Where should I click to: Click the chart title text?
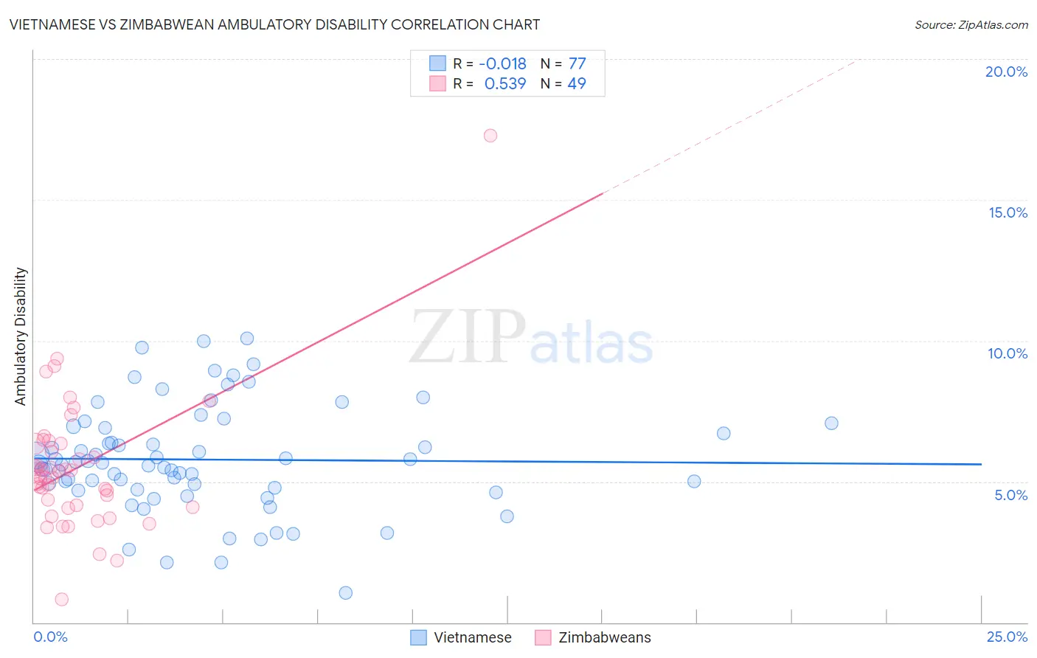pyautogui.click(x=274, y=24)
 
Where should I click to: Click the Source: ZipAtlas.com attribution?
pyautogui.click(x=971, y=24)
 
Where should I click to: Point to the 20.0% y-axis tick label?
pyautogui.click(x=1006, y=72)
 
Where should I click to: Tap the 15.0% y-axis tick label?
pyautogui.click(x=1007, y=212)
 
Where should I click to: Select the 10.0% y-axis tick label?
pyautogui.click(x=1007, y=353)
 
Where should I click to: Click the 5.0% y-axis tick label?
pyautogui.click(x=1010, y=495)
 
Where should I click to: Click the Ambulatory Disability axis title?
pyautogui.click(x=21, y=336)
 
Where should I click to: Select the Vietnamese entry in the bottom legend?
pyautogui.click(x=472, y=637)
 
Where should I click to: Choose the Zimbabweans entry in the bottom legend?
pyautogui.click(x=604, y=637)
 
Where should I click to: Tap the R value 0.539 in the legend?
pyautogui.click(x=505, y=84)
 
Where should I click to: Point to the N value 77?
pyautogui.click(x=577, y=64)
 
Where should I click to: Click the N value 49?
pyautogui.click(x=577, y=84)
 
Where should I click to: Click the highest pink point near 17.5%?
pyautogui.click(x=490, y=136)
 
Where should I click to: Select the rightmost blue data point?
pyautogui.click(x=831, y=423)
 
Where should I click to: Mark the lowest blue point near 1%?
pyautogui.click(x=345, y=593)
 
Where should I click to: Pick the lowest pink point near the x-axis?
pyautogui.click(x=62, y=599)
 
